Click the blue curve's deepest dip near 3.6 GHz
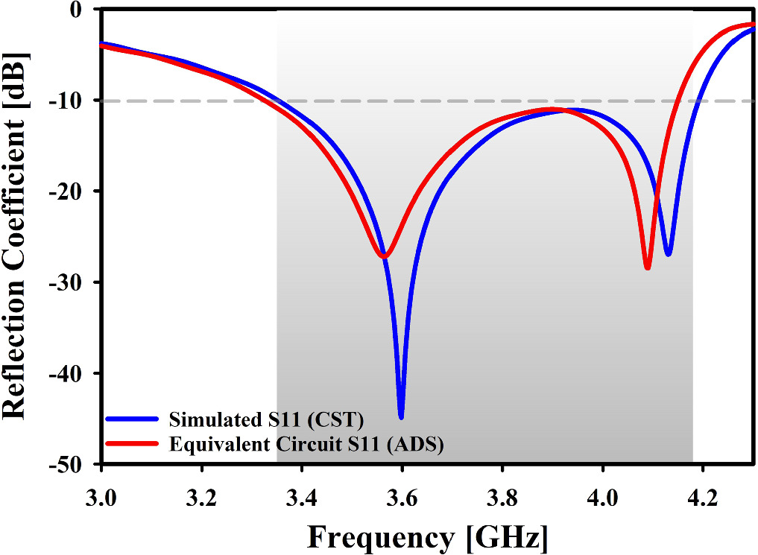(401, 416)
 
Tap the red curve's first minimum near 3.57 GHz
(384, 256)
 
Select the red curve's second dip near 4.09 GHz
(648, 267)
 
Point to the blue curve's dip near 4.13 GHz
(669, 254)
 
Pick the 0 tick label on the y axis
(84, 10)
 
